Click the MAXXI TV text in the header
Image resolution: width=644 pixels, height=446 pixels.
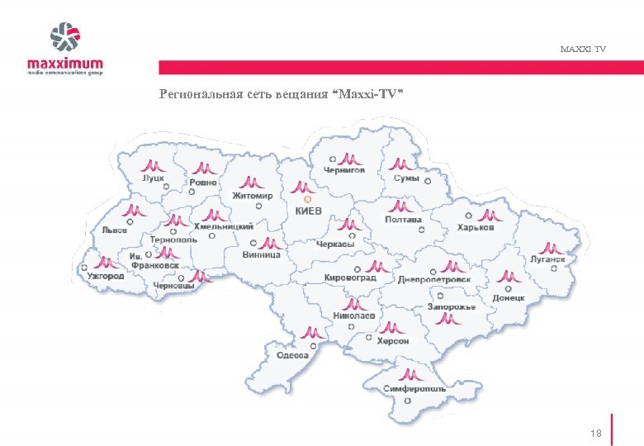[582, 50]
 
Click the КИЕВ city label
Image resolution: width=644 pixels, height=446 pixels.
[309, 211]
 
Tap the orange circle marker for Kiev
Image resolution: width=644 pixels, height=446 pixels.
[307, 199]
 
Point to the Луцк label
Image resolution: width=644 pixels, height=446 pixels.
[154, 178]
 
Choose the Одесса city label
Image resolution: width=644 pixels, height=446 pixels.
[292, 355]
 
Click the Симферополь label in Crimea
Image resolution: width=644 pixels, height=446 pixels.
[414, 388]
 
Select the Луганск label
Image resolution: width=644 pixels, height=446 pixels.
[548, 259]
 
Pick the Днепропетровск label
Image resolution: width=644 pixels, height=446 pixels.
[434, 279]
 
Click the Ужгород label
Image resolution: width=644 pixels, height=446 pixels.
[105, 275]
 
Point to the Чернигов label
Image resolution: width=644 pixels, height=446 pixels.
[344, 170]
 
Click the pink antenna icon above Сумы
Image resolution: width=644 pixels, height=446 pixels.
[400, 164]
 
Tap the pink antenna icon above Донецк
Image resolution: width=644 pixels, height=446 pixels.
[504, 278]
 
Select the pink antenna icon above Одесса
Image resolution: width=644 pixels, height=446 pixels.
[312, 332]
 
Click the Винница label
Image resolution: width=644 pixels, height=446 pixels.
[262, 255]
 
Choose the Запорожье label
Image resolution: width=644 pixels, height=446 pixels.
[452, 307]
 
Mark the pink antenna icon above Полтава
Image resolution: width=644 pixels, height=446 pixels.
[401, 206]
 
